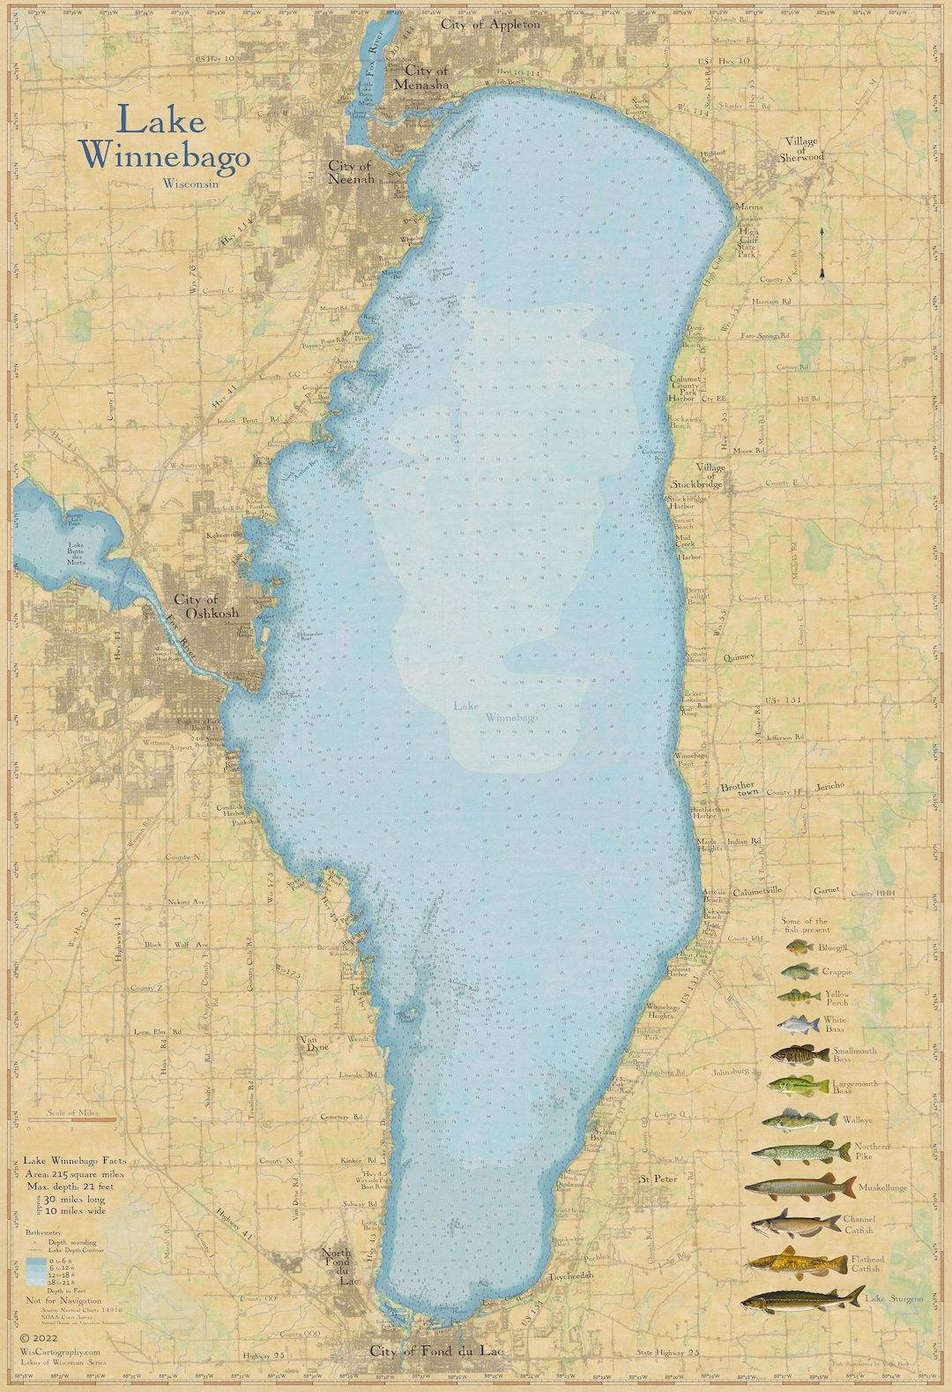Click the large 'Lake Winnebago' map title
click(165, 138)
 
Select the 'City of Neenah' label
click(350, 171)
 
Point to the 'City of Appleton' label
click(491, 25)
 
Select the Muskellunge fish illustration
click(801, 1188)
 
